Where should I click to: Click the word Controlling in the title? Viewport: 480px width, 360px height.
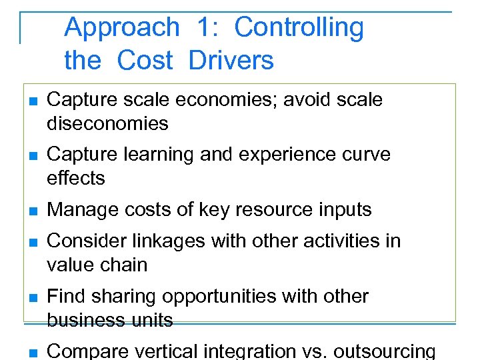(299, 28)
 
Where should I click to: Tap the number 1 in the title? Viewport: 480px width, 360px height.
(205, 28)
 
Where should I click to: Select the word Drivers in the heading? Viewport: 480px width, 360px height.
(231, 61)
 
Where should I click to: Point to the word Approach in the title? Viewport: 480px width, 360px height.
(122, 28)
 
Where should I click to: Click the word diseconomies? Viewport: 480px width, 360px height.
(107, 123)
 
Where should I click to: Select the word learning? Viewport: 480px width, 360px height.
(155, 154)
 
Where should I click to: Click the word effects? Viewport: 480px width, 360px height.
(76, 178)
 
